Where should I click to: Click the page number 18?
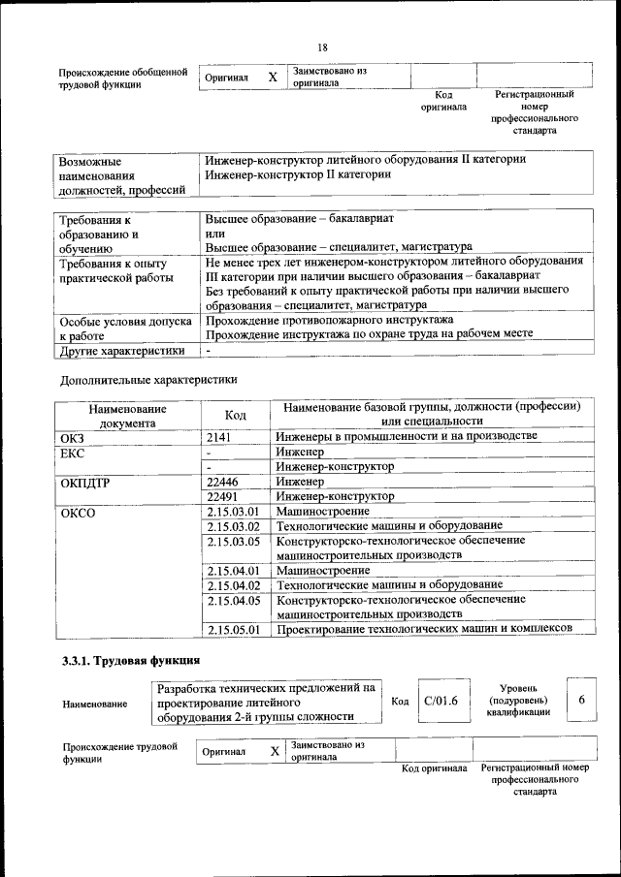[x=322, y=47]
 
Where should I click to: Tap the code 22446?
[x=222, y=481]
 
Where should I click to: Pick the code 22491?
[x=222, y=496]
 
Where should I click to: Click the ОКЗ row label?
[x=73, y=438]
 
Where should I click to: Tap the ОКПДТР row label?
[x=83, y=482]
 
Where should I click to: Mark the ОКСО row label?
[x=78, y=512]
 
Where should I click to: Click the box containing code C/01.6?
[x=441, y=701]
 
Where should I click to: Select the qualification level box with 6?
[x=581, y=700]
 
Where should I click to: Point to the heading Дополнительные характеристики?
[x=147, y=379]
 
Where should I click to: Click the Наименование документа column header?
[x=126, y=415]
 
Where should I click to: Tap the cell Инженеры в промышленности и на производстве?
[x=406, y=437]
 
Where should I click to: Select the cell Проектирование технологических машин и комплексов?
[x=422, y=630]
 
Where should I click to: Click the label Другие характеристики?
[x=121, y=350]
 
